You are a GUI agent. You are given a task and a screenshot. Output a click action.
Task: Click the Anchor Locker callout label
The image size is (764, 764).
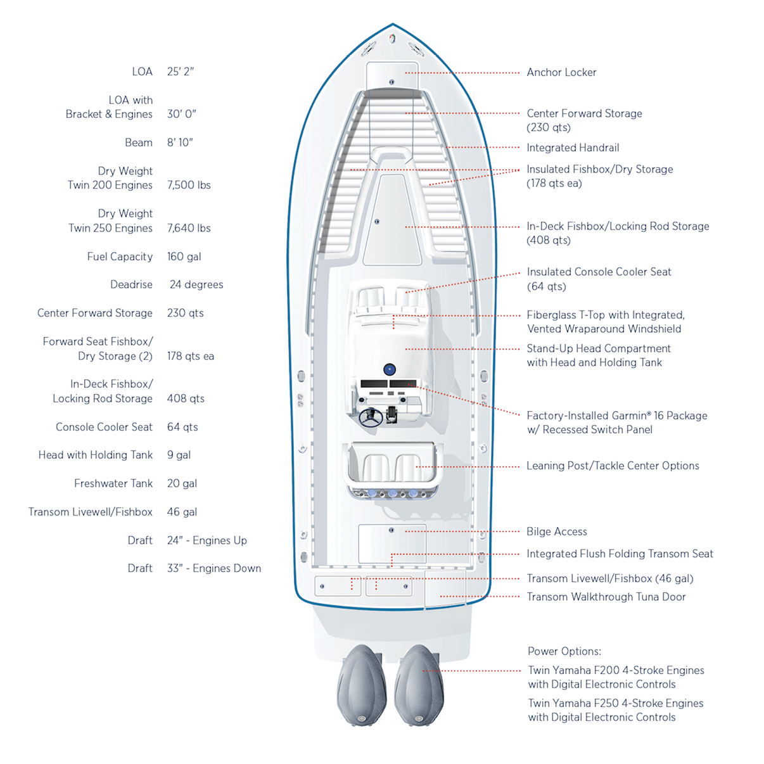(561, 72)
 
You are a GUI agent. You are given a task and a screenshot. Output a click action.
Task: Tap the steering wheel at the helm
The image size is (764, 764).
(371, 417)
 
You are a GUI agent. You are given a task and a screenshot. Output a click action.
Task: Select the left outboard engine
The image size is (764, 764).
(361, 684)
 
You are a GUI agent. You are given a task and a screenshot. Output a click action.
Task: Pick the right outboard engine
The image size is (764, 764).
(419, 684)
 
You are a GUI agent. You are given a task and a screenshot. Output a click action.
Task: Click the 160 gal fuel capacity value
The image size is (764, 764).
(184, 257)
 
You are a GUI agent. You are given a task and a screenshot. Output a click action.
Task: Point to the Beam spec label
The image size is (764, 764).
(139, 143)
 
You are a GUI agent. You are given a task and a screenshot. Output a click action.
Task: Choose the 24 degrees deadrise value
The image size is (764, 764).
(196, 284)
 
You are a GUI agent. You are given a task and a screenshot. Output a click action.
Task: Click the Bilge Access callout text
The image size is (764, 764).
(556, 532)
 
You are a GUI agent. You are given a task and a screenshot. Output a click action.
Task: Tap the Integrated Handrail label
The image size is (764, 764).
(573, 148)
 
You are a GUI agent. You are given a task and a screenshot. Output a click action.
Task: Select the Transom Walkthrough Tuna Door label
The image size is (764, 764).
(606, 597)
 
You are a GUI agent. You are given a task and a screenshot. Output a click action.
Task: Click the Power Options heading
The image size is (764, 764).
(564, 651)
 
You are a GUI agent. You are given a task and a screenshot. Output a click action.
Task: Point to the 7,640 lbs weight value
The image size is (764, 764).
(189, 228)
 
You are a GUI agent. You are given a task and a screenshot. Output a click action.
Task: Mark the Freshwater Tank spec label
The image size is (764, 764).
(113, 483)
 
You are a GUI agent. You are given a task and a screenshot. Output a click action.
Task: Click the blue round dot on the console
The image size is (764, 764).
(390, 369)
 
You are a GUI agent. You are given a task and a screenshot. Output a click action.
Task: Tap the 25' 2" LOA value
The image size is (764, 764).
(181, 72)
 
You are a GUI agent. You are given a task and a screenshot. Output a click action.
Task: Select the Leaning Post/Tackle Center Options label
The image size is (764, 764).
(613, 466)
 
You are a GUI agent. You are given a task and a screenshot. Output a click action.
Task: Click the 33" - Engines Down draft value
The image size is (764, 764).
(213, 568)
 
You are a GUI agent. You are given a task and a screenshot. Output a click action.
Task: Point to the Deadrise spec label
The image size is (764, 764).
(131, 284)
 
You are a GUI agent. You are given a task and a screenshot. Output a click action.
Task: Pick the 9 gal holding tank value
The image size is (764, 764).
(179, 455)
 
